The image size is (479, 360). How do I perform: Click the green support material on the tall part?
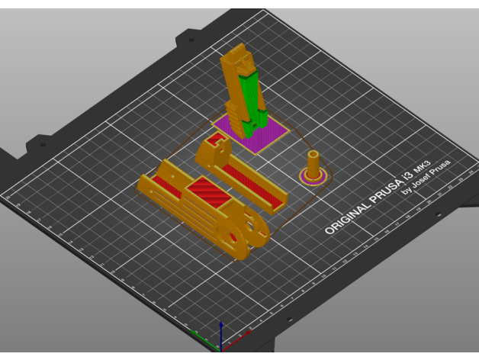tap(248, 95)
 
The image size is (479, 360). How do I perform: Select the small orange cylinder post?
tap(313, 164)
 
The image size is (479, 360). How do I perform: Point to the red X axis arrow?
tap(204, 340)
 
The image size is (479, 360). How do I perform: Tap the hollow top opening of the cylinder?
tap(313, 155)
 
